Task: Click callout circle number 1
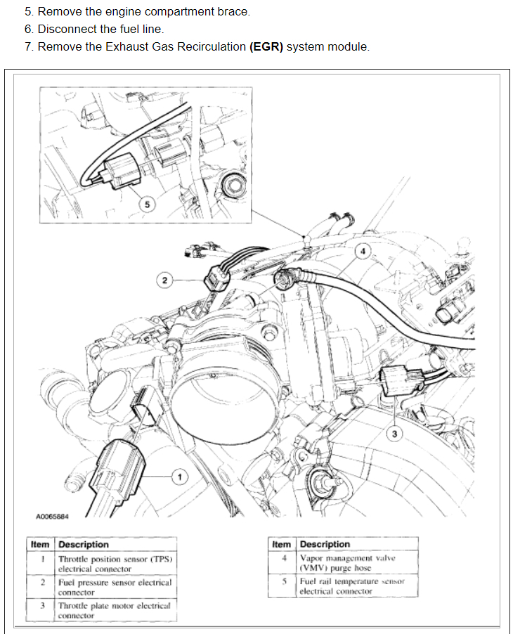(x=179, y=477)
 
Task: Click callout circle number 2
(x=164, y=280)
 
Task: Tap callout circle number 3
(x=394, y=434)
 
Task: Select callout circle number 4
(x=362, y=251)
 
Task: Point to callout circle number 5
(x=146, y=205)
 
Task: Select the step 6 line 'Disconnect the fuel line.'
(x=100, y=29)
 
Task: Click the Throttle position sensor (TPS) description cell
(x=115, y=564)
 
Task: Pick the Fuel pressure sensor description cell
(x=115, y=587)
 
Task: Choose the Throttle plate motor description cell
(x=115, y=609)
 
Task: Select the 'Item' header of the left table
(x=41, y=544)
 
